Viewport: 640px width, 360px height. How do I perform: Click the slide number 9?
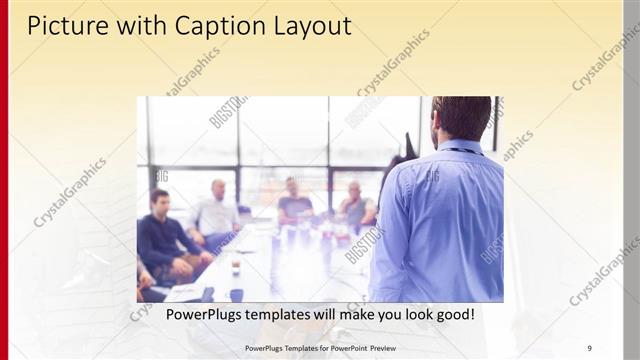point(589,348)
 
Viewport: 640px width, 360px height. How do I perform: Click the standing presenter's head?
point(462,118)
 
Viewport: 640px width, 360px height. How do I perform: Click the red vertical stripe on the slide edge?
point(4,180)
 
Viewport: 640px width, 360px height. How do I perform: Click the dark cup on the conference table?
point(236,294)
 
